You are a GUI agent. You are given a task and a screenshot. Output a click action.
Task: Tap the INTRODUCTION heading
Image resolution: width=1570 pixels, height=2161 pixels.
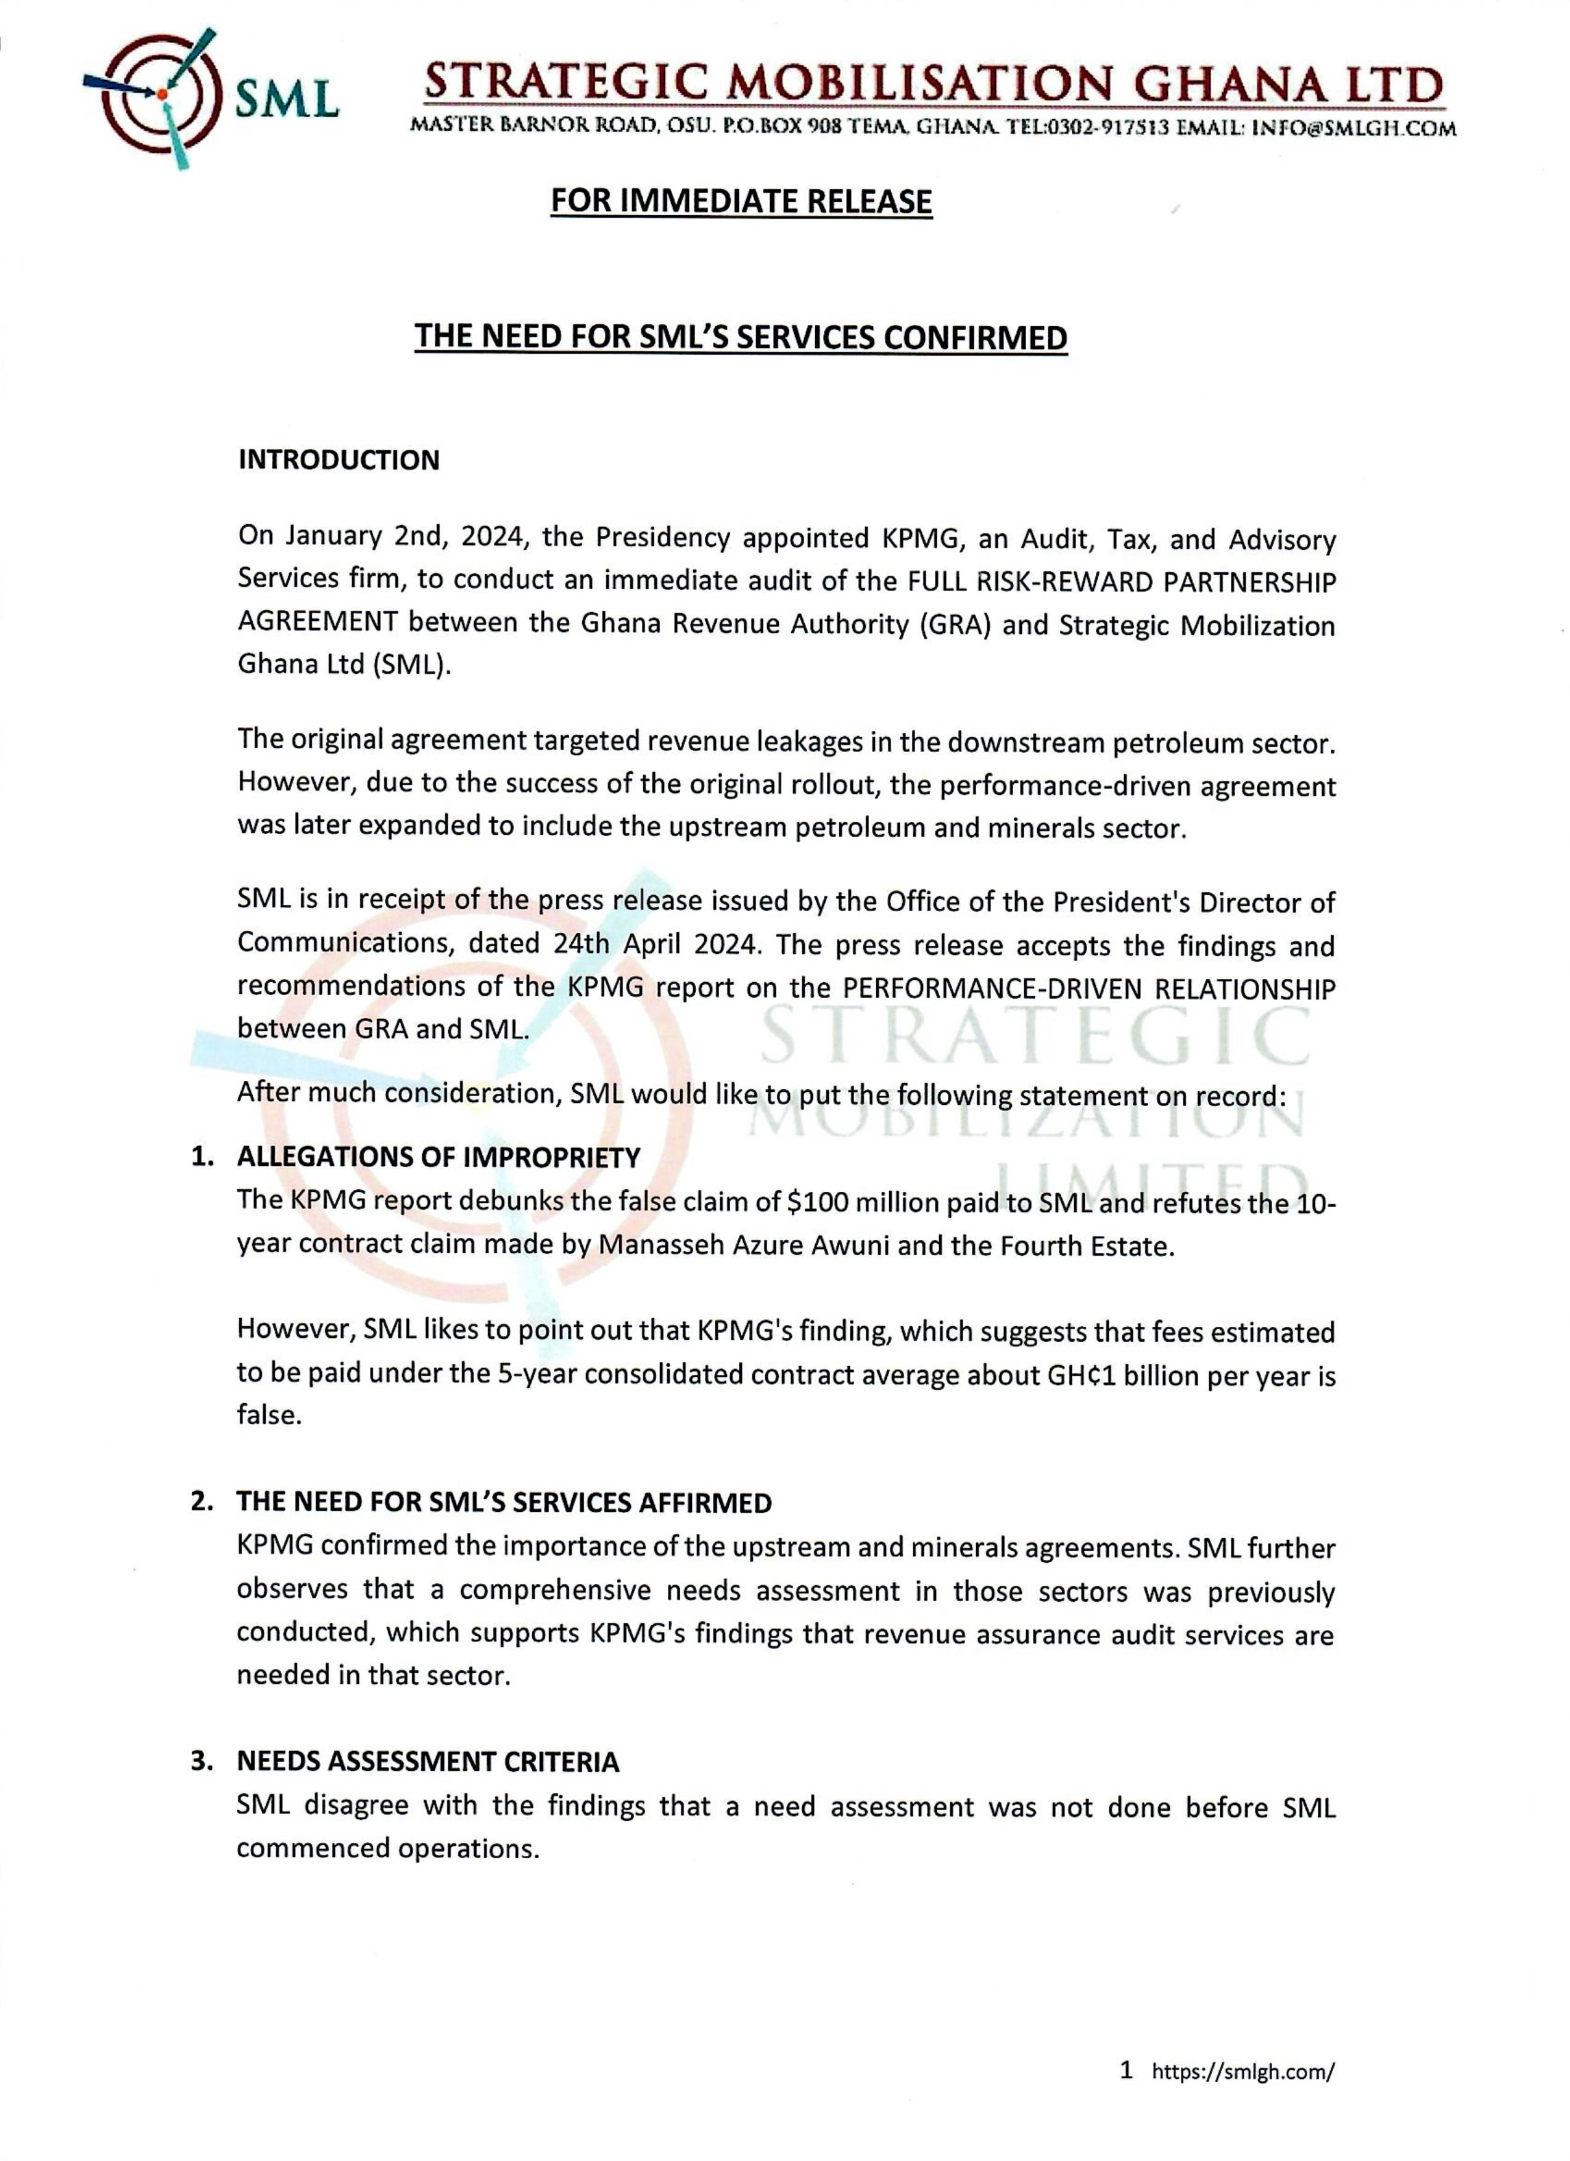(339, 460)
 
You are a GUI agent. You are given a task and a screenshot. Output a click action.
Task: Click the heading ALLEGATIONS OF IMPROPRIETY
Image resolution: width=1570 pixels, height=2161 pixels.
(438, 1158)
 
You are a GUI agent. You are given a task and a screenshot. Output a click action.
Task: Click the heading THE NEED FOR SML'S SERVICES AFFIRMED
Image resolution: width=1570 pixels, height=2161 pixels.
(504, 1503)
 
